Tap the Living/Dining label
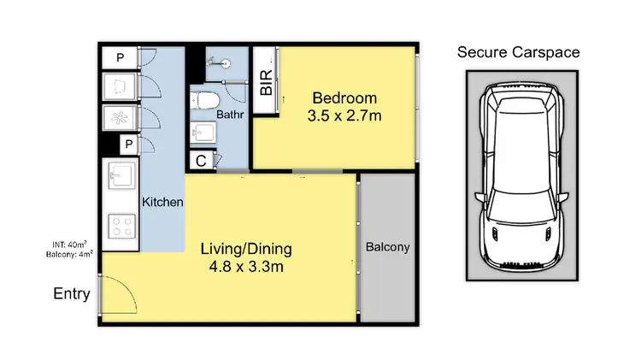click(246, 250)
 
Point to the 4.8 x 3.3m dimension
click(246, 268)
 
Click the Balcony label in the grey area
click(388, 248)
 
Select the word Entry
click(72, 294)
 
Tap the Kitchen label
click(162, 203)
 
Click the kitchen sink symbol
click(118, 179)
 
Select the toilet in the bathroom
click(203, 102)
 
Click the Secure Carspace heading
click(519, 53)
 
